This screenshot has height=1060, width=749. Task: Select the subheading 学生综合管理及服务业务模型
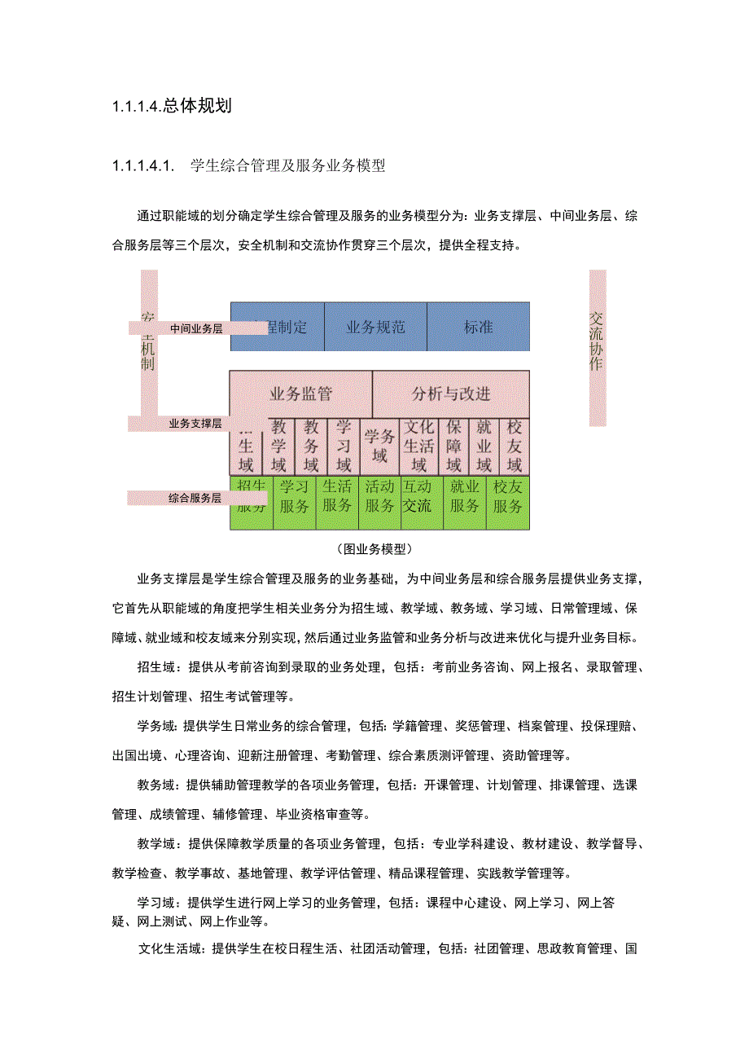(287, 166)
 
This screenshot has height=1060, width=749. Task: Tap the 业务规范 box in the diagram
(375, 327)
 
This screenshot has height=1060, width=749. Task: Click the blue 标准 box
(479, 327)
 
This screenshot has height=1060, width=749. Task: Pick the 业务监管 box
(300, 394)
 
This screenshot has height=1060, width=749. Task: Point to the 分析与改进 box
(451, 394)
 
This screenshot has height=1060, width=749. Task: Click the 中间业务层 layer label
(195, 329)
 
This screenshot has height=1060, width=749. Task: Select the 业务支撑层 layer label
(195, 424)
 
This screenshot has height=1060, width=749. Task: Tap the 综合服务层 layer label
(195, 498)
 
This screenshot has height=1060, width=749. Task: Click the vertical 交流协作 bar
(597, 348)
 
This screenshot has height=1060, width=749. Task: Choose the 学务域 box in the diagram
(380, 446)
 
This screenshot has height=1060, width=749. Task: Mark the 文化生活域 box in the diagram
(418, 446)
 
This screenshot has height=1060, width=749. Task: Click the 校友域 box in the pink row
(514, 446)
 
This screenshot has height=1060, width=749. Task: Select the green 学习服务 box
(294, 496)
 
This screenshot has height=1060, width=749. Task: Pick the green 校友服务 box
(507, 496)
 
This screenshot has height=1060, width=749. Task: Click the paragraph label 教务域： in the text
(157, 785)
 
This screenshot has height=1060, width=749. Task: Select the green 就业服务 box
(464, 496)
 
